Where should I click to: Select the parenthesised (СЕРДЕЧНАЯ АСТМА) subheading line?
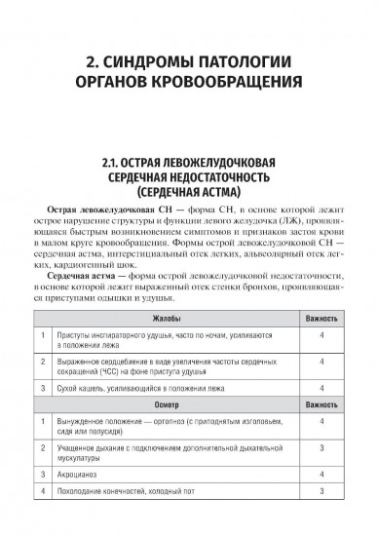click(190, 192)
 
